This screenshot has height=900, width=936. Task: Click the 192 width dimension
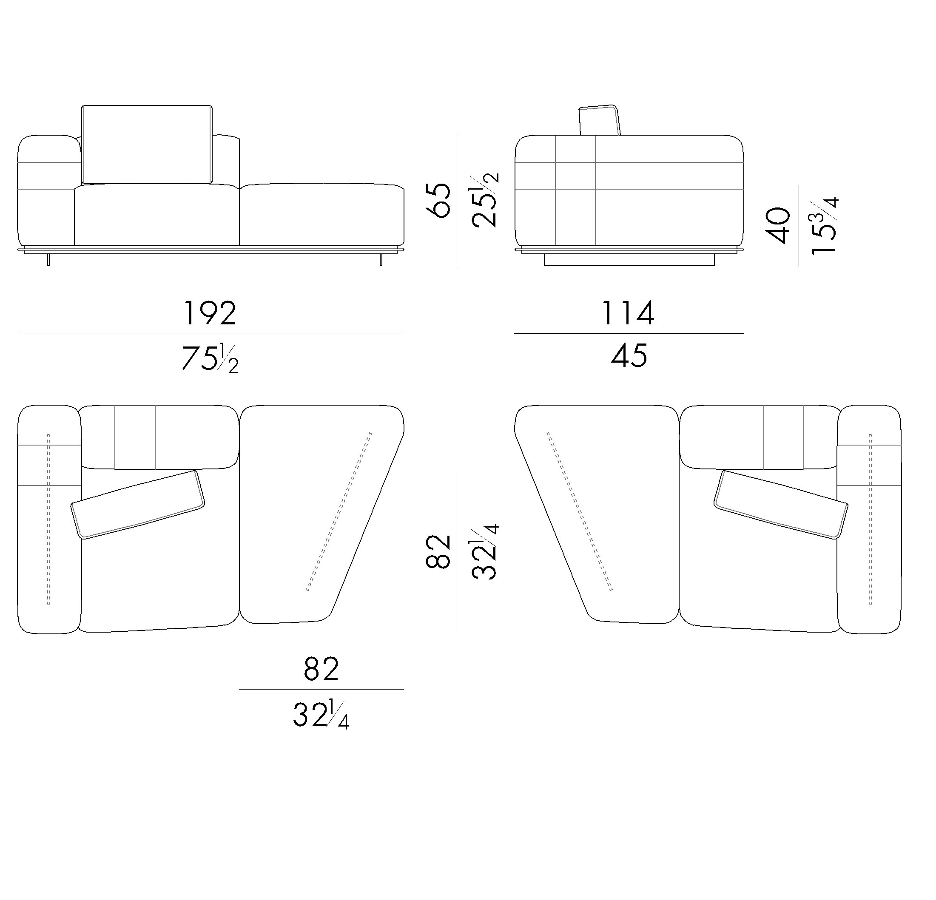coord(210,313)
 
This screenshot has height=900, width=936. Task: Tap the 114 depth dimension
coord(628,313)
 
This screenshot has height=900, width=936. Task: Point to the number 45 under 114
coord(629,356)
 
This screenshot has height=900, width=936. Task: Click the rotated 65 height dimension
coord(438,200)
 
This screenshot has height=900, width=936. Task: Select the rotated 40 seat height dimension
coord(778,225)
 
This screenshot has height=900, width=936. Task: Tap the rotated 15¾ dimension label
coord(824,225)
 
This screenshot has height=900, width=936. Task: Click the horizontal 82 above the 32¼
coord(321,670)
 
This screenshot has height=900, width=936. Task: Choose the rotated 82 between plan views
coord(438,551)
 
